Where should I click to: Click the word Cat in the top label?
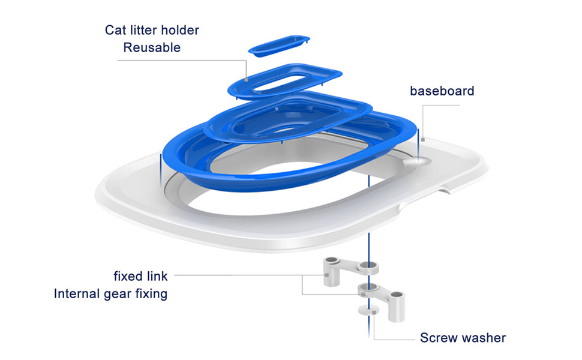point(113,30)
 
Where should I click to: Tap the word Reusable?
point(152,47)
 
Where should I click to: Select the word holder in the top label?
point(181,30)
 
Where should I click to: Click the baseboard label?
point(442,91)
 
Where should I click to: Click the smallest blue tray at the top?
point(279,45)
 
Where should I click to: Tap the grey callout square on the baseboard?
point(423,140)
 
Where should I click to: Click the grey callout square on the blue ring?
point(246,79)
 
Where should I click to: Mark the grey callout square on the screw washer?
point(374,313)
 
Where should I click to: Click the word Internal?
point(77,294)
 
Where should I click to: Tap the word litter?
point(142,30)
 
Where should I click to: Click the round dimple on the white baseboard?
point(417,161)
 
